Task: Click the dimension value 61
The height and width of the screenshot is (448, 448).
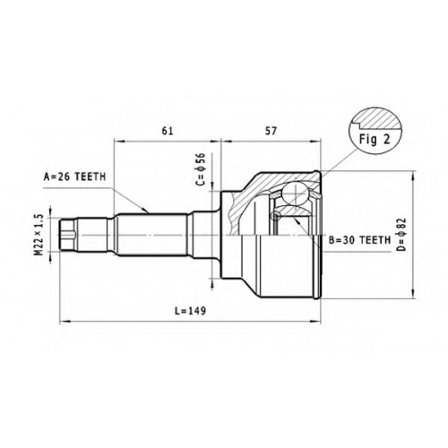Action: click(x=168, y=131)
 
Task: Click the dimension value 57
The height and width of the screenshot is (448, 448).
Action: click(x=271, y=131)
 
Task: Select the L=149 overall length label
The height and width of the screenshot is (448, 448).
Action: click(x=191, y=311)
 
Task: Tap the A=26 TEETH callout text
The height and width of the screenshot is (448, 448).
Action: click(x=75, y=177)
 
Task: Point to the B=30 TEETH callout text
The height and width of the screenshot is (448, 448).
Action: click(x=359, y=240)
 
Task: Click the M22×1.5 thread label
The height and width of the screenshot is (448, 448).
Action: click(x=39, y=235)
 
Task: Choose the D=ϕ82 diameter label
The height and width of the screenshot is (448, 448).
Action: click(x=402, y=235)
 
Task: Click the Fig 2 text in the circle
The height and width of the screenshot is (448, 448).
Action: click(x=375, y=140)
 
